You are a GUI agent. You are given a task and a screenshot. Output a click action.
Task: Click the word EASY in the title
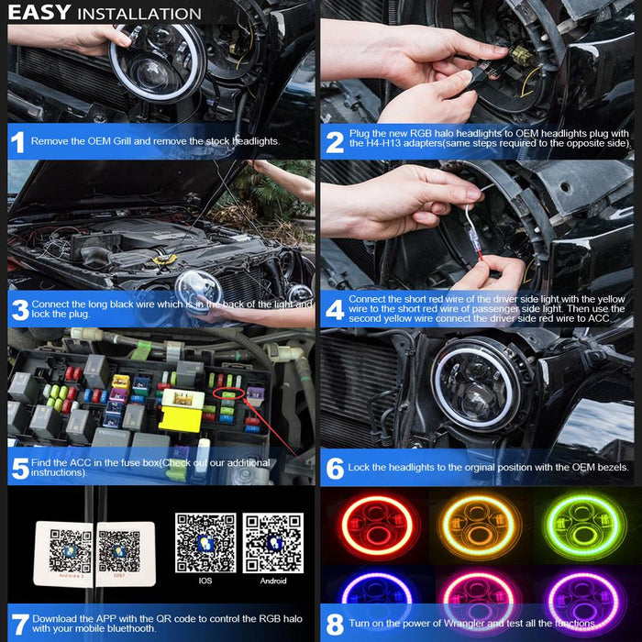39,12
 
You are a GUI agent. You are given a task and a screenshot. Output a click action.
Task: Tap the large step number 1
17,143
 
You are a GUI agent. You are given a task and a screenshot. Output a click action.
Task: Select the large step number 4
335,310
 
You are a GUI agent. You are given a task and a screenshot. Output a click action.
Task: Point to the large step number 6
335,469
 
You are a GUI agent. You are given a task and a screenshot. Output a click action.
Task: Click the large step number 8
335,625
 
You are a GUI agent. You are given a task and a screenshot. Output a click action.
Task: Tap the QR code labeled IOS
205,543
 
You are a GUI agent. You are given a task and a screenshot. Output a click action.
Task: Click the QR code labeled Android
273,543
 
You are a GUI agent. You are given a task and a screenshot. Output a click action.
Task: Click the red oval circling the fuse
229,393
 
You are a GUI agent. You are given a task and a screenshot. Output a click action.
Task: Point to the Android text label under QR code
273,581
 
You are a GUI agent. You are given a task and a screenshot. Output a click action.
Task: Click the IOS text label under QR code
205,581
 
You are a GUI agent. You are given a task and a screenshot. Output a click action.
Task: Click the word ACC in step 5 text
81,463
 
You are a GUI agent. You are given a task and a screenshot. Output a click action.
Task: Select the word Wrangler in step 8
464,623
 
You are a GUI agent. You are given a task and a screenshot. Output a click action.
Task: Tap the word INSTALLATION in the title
139,14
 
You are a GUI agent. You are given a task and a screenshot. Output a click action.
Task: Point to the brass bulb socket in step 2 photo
521,56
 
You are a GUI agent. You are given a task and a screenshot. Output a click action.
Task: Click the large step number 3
20,310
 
